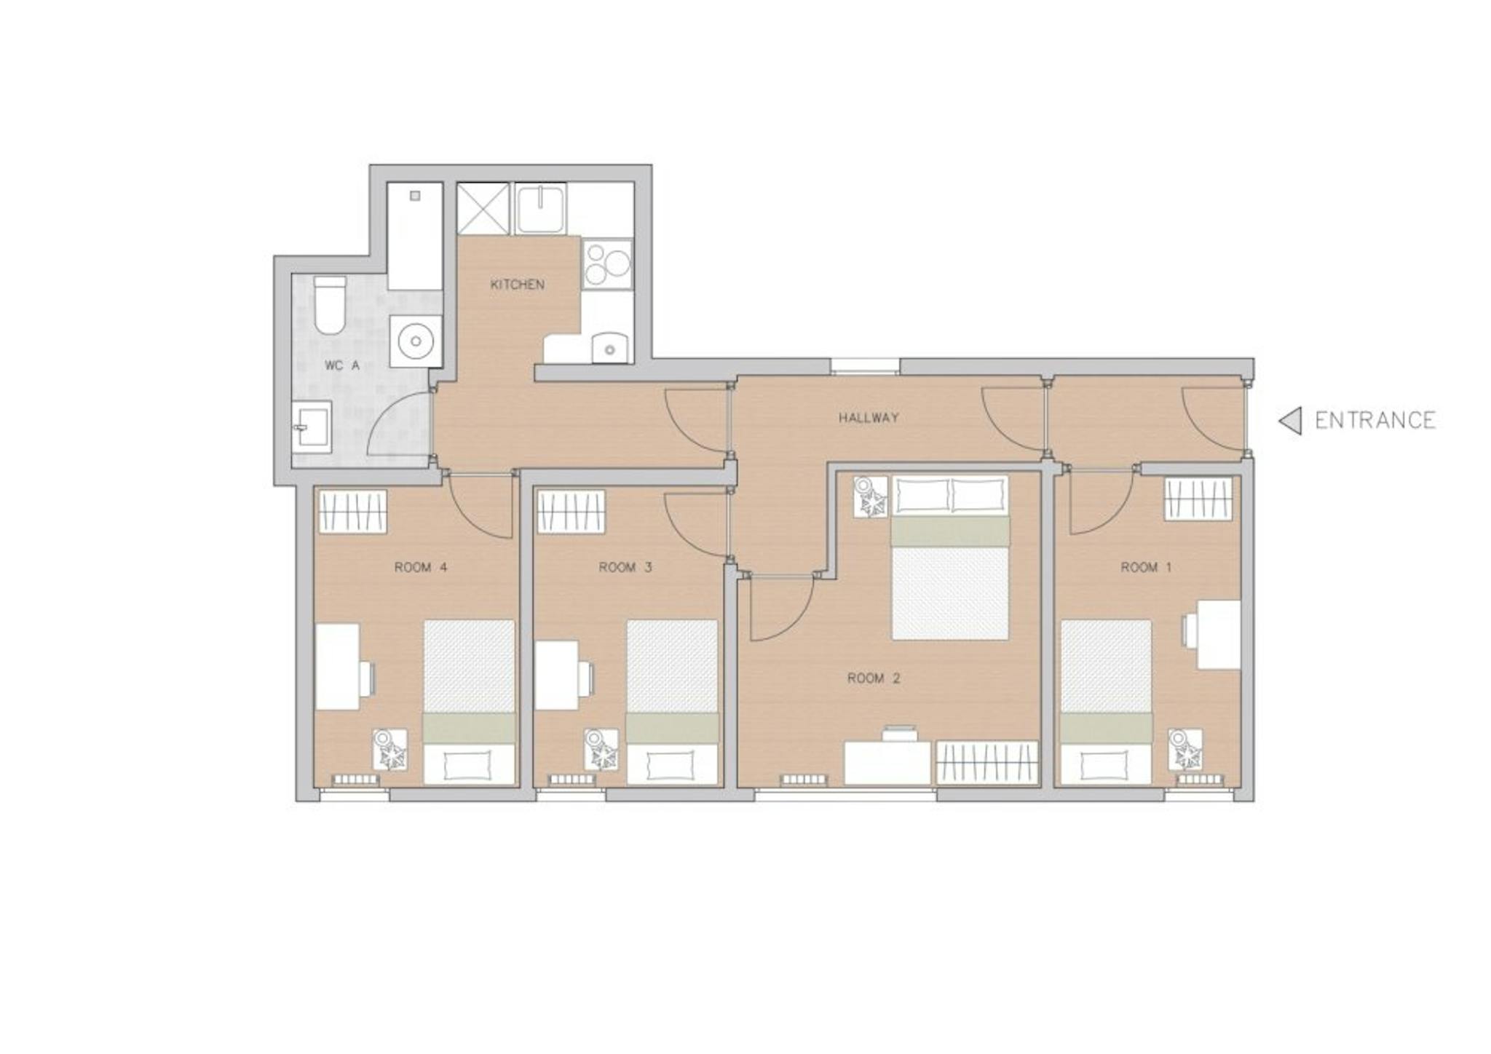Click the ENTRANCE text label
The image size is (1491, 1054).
(1375, 421)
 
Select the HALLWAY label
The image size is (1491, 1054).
(869, 418)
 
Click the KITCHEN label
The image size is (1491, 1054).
(518, 284)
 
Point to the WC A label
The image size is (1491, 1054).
(342, 365)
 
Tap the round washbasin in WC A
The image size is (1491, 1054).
(416, 341)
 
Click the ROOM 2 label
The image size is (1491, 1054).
(874, 678)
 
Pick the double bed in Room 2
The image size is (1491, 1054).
(950, 558)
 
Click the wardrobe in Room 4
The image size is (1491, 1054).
(352, 512)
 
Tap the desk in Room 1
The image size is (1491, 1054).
(1218, 634)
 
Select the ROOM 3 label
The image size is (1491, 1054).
(625, 567)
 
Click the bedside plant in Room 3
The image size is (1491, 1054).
(601, 750)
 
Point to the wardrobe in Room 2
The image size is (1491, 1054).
(986, 763)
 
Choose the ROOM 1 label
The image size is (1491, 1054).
(1146, 567)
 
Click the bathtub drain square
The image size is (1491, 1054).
(415, 196)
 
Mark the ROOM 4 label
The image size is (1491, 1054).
(421, 567)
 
